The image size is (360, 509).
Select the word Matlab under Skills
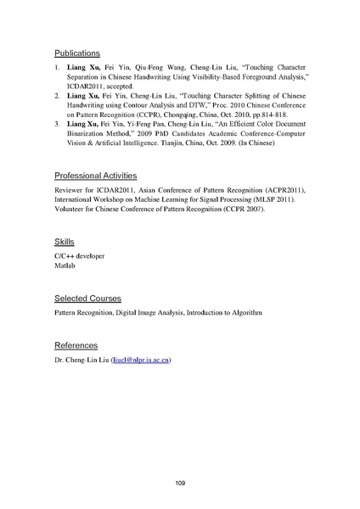pos(66,267)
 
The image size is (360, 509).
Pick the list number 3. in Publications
pos(57,125)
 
